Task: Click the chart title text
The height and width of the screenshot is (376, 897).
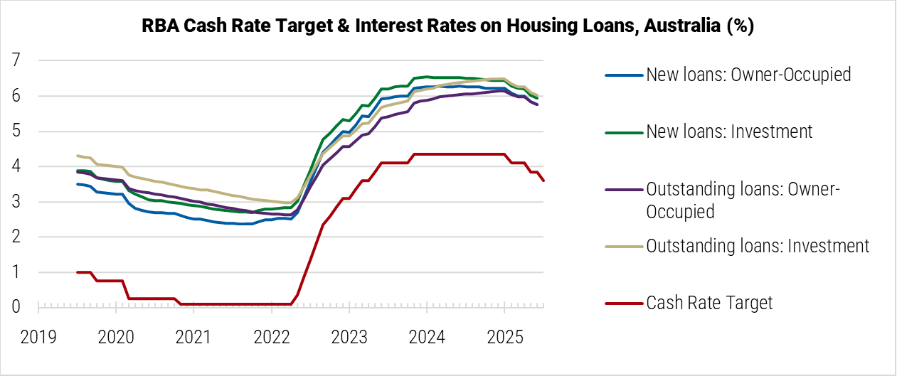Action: pyautogui.click(x=448, y=26)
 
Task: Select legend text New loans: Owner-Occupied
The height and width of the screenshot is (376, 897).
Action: pyautogui.click(x=748, y=75)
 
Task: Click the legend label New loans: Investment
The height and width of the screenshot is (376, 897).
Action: pyautogui.click(x=729, y=131)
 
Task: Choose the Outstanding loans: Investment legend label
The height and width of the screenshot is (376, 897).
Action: pyautogui.click(x=758, y=246)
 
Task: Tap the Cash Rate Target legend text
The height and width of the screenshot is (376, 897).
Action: pyautogui.click(x=709, y=303)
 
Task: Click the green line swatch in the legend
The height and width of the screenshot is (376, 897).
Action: pyautogui.click(x=624, y=131)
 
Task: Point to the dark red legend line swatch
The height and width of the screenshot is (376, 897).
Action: pyautogui.click(x=624, y=303)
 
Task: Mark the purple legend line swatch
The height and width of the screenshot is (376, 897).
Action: pyautogui.click(x=624, y=189)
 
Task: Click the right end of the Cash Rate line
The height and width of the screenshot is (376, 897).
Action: pyautogui.click(x=544, y=181)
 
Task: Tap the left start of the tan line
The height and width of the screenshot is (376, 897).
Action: pyautogui.click(x=78, y=156)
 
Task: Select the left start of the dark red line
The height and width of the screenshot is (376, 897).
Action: pyautogui.click(x=78, y=272)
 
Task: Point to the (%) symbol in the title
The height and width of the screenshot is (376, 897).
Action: pyautogui.click(x=740, y=26)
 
